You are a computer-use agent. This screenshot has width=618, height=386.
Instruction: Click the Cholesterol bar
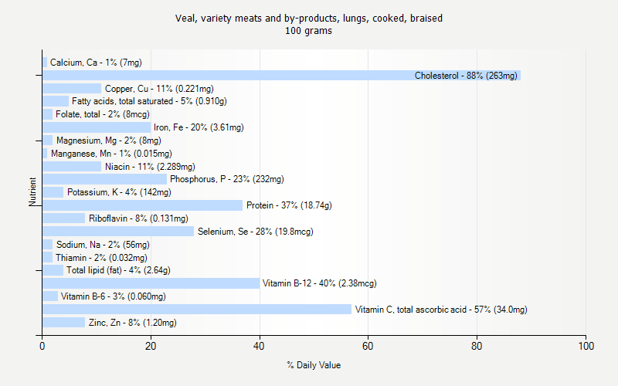(281, 76)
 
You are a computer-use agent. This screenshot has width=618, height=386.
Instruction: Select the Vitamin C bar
(197, 310)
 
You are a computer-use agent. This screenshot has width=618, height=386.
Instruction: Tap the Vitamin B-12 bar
(151, 283)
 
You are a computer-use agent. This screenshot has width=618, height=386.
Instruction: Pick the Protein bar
(143, 205)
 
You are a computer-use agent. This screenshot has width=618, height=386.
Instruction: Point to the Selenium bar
(118, 232)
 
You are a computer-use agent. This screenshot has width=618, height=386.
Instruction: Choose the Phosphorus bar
(104, 179)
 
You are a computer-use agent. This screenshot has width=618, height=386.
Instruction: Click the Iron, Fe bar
(97, 127)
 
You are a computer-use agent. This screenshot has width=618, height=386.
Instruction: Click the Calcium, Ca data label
(96, 63)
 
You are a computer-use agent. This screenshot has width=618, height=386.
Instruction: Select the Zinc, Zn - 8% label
(132, 323)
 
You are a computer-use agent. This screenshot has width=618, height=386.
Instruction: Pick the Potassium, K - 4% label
(114, 192)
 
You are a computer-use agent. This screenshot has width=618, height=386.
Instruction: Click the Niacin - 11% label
(150, 167)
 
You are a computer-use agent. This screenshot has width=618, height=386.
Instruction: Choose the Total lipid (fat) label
(118, 270)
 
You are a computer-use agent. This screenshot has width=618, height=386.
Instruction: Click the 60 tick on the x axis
(368, 346)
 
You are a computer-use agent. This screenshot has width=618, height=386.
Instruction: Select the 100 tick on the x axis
(586, 346)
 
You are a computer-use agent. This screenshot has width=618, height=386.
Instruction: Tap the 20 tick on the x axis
(151, 346)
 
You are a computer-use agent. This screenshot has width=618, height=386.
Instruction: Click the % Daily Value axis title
(314, 365)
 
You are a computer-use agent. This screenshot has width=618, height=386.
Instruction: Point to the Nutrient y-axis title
(32, 191)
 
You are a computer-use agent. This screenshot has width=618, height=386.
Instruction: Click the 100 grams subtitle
(309, 32)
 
